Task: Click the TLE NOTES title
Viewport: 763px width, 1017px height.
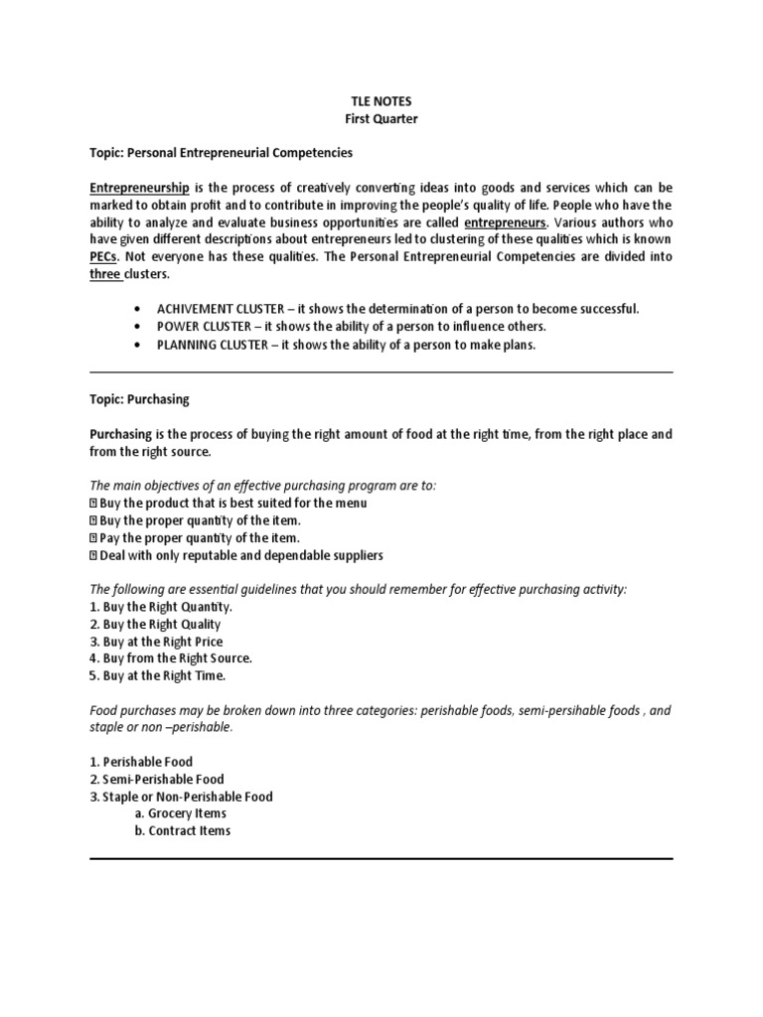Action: tap(381, 101)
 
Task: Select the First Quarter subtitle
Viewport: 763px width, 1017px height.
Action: tap(381, 119)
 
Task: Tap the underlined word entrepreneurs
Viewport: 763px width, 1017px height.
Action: tap(506, 222)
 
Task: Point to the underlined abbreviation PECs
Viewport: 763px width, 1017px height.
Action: tap(104, 257)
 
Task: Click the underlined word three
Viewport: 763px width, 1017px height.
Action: tap(104, 274)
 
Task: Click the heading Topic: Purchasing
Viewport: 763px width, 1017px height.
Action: tap(139, 399)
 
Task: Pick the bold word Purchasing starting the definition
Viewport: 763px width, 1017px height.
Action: tap(121, 435)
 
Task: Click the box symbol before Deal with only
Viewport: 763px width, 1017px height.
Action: tap(93, 556)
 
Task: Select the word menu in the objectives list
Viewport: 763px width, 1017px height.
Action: tap(349, 504)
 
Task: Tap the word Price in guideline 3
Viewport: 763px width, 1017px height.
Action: tap(205, 642)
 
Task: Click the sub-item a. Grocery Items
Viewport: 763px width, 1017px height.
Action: tap(181, 813)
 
